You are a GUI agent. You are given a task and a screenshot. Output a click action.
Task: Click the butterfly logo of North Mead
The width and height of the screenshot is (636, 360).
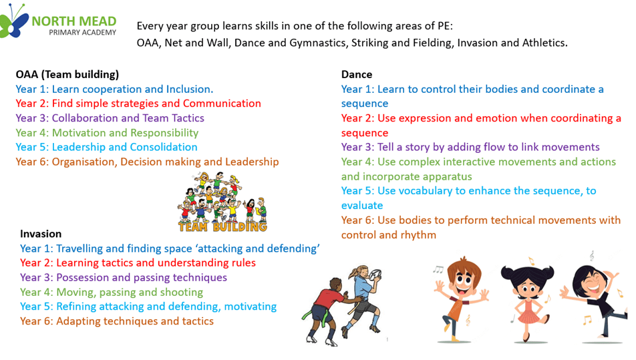click(x=14, y=21)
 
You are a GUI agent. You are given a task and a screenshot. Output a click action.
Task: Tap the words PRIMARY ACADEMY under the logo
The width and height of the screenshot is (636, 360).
click(x=82, y=33)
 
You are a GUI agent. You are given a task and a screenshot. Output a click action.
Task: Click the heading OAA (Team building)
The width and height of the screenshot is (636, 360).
click(x=67, y=75)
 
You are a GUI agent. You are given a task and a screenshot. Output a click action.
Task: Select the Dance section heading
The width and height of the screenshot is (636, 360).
click(x=357, y=75)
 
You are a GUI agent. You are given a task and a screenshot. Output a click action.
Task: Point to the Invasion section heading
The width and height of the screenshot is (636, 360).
click(x=41, y=234)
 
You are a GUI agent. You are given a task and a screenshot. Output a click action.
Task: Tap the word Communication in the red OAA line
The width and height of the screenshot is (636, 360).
click(x=222, y=104)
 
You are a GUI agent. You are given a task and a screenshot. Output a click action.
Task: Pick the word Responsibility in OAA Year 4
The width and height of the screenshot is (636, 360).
click(x=164, y=133)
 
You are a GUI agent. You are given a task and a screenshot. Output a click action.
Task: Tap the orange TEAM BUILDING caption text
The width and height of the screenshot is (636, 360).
click(x=222, y=226)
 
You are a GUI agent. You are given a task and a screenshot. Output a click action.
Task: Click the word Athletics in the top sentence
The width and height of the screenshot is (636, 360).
click(x=544, y=43)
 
